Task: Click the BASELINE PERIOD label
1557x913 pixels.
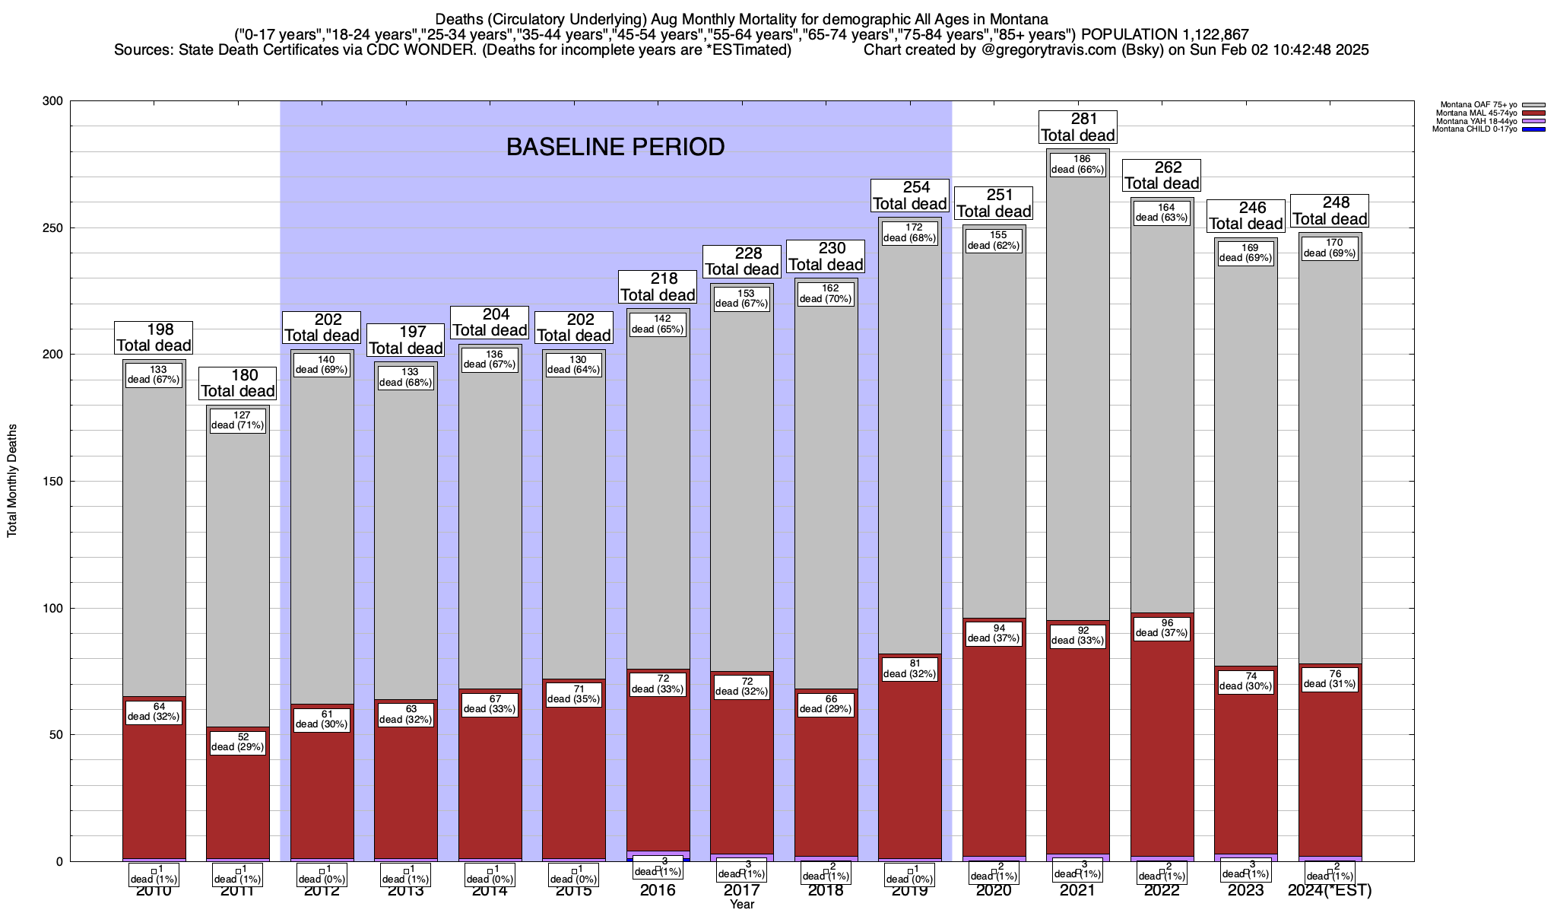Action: coord(615,147)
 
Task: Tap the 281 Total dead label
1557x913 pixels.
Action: coord(1078,127)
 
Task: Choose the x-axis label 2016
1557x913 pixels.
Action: coord(658,890)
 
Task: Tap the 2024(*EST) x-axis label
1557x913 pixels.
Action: coord(1330,890)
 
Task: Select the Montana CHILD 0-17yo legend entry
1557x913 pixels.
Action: coord(1474,129)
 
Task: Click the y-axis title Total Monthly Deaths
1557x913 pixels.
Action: coord(12,481)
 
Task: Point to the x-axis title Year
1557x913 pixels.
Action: coord(741,905)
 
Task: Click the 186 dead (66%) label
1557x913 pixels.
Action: coord(1078,164)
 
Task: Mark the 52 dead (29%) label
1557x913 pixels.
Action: coord(238,742)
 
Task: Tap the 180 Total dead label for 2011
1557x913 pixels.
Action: coord(238,383)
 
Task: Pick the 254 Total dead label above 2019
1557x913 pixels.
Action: coord(910,196)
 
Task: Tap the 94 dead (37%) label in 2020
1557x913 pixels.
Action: coord(994,633)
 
